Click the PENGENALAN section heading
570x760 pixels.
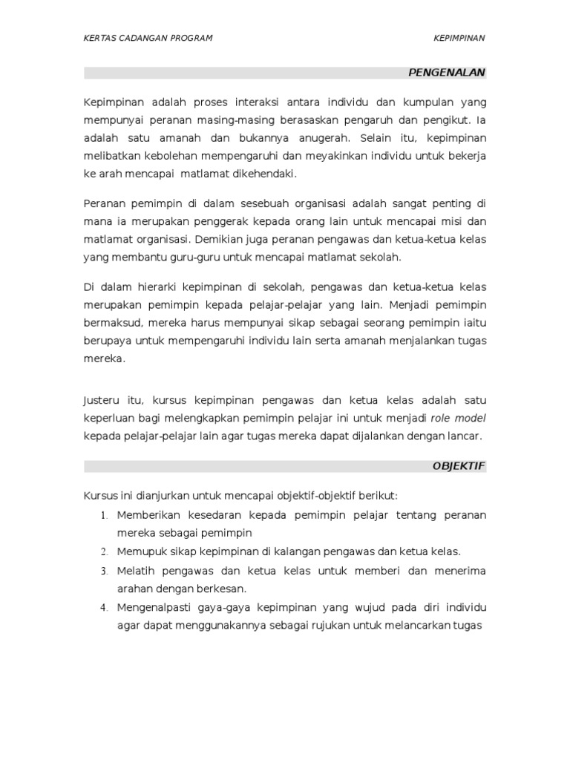click(447, 73)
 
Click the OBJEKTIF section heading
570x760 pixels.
click(459, 466)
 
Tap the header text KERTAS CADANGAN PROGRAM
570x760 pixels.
click(148, 39)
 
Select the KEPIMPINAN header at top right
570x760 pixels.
click(459, 39)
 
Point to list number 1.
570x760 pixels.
click(105, 516)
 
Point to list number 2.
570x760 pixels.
click(105, 552)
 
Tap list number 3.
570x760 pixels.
click(105, 571)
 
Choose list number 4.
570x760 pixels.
click(105, 608)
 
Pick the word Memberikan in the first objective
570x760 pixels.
click(147, 515)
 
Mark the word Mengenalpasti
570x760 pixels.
click(152, 607)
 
